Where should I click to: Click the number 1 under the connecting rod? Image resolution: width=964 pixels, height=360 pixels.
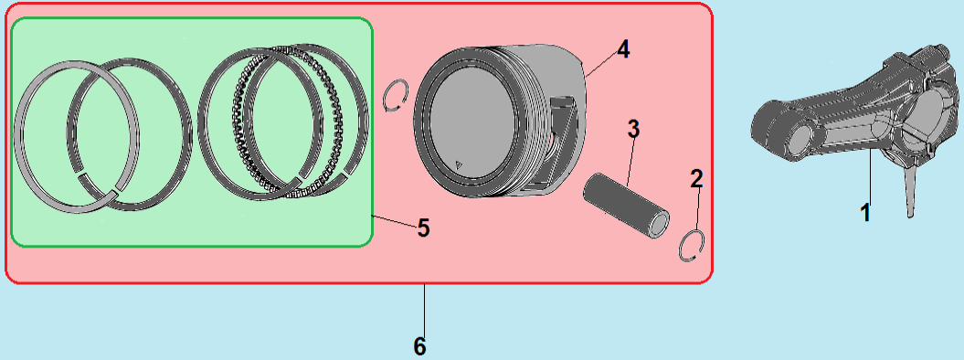click(865, 213)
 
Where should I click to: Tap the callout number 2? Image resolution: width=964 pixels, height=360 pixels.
click(696, 179)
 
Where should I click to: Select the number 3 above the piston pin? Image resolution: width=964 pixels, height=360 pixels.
click(633, 129)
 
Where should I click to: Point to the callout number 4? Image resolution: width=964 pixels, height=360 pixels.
click(623, 49)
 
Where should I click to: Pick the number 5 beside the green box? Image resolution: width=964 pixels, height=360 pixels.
click(423, 228)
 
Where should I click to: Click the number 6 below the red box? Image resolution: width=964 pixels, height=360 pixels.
click(419, 347)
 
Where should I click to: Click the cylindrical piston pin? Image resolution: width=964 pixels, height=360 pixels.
click(626, 202)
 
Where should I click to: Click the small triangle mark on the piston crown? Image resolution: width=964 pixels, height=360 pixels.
click(458, 163)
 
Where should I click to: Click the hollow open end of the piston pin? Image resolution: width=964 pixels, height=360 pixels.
click(661, 224)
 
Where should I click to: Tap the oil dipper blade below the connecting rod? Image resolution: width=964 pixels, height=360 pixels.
click(912, 190)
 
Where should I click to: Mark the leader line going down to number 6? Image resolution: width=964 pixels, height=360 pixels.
click(424, 311)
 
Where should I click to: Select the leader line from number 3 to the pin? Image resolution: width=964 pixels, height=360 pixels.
click(630, 162)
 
